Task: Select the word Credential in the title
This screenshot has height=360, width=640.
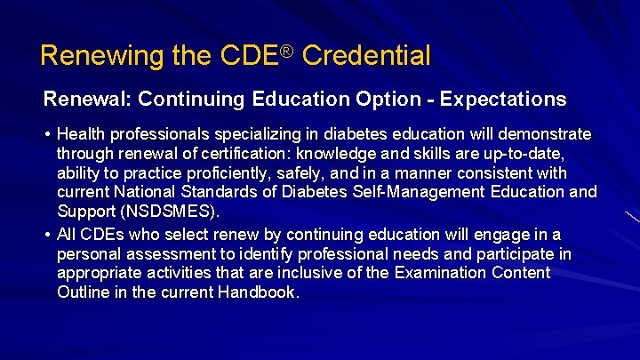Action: [x=366, y=57]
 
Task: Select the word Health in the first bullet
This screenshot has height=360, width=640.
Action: [x=80, y=134]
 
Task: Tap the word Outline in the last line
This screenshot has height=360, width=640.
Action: [x=83, y=292]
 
